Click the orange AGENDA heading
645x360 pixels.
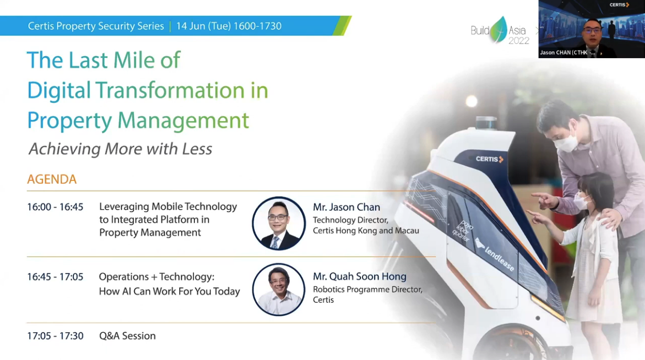point(52,179)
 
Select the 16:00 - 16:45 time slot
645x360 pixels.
point(56,207)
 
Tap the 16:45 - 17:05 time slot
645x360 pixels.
point(56,277)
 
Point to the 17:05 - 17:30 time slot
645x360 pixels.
point(56,336)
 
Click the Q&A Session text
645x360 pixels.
point(127,336)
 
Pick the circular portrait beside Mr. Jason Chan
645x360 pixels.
point(279,223)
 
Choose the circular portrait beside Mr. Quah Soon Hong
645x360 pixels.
point(279,289)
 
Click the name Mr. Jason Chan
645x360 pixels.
point(346,207)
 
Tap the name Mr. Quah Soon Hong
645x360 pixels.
point(359,277)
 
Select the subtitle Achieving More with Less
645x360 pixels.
point(121,149)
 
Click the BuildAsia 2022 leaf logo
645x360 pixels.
point(499,30)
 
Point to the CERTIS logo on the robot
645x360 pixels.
point(489,159)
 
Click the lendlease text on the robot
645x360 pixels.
point(499,259)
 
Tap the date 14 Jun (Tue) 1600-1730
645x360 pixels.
point(228,26)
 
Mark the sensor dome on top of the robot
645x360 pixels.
point(486,123)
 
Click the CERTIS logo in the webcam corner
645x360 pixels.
point(619,5)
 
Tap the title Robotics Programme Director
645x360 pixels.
point(368,289)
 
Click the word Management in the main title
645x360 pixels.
point(183,121)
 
